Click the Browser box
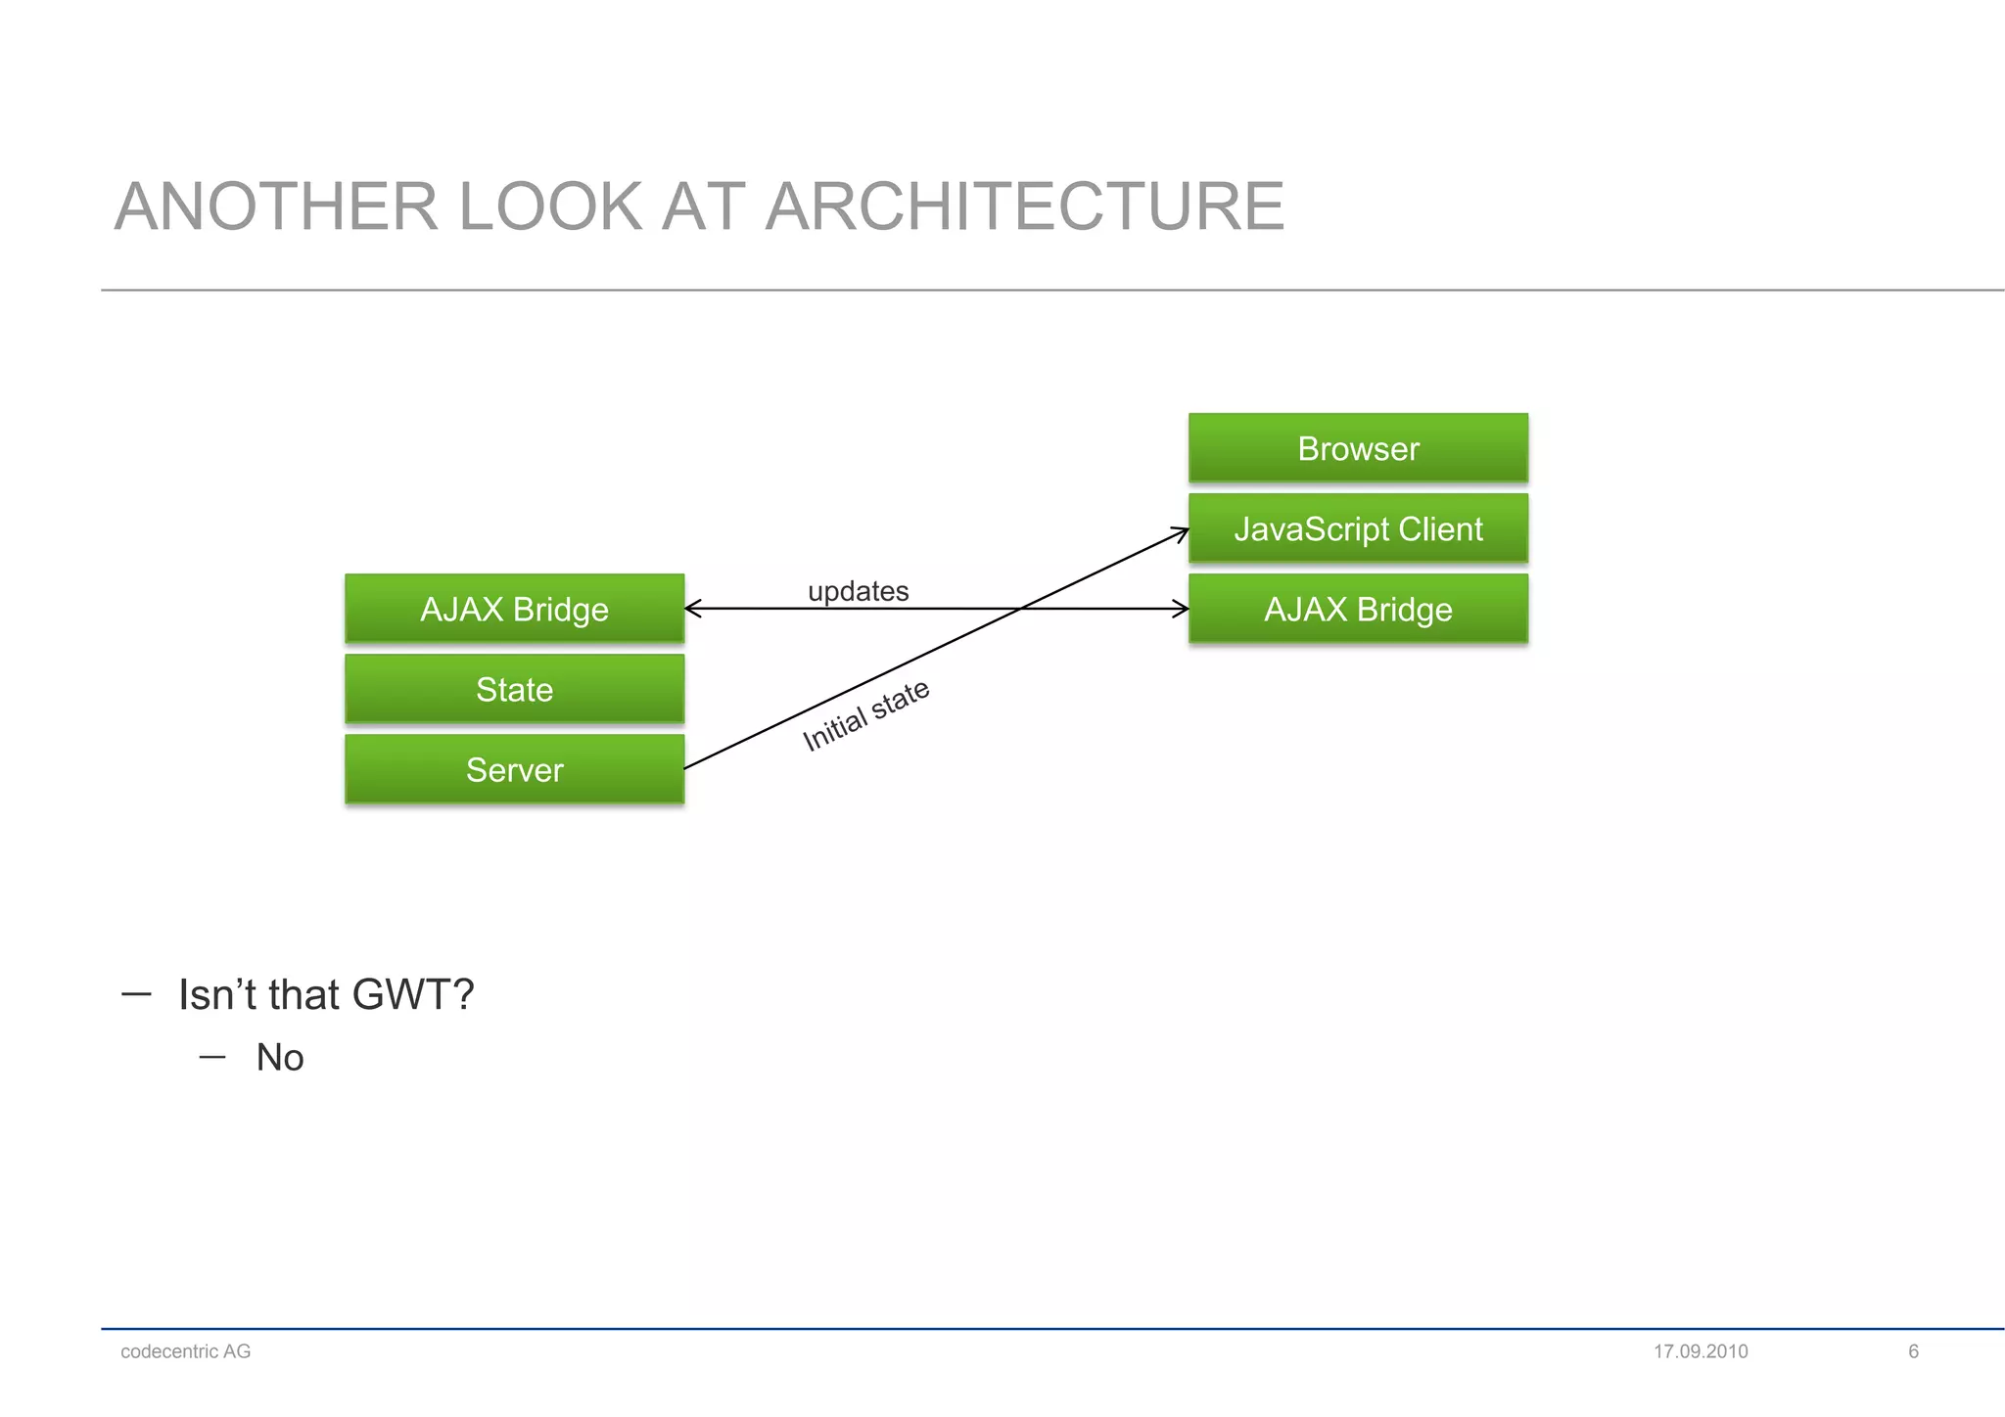point(1358,448)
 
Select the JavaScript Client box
point(1358,528)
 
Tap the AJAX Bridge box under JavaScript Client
point(1358,609)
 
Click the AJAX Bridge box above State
point(514,609)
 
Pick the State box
point(514,689)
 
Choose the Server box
point(514,769)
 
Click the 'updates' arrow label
point(858,591)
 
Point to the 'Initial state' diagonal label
point(865,715)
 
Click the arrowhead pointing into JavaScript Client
point(1182,532)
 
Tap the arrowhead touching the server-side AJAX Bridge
point(692,609)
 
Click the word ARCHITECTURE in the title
point(1024,206)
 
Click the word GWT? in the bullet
point(412,994)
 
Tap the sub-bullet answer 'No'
point(280,1058)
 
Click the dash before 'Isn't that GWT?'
point(136,994)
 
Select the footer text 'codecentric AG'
point(185,1351)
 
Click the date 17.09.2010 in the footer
point(1701,1351)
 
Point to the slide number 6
point(1913,1351)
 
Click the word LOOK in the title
point(548,206)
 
